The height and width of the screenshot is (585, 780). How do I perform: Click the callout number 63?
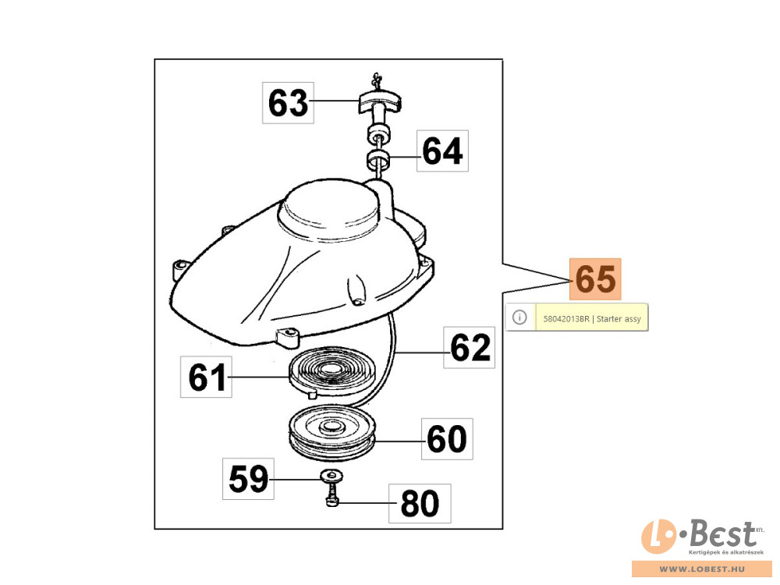pyautogui.click(x=288, y=103)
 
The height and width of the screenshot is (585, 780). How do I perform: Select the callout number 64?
pyautogui.click(x=442, y=151)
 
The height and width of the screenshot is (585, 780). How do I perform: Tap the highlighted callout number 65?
pyautogui.click(x=595, y=279)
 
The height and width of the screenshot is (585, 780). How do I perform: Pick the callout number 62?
pyautogui.click(x=470, y=348)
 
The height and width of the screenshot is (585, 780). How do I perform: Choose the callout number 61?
pyautogui.click(x=207, y=377)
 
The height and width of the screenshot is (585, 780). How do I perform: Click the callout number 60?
pyautogui.click(x=447, y=438)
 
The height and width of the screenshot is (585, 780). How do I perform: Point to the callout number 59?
pyautogui.click(x=248, y=479)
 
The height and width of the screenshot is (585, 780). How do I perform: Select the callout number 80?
pyautogui.click(x=420, y=503)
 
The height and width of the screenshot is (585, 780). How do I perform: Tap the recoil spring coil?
pyautogui.click(x=331, y=371)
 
